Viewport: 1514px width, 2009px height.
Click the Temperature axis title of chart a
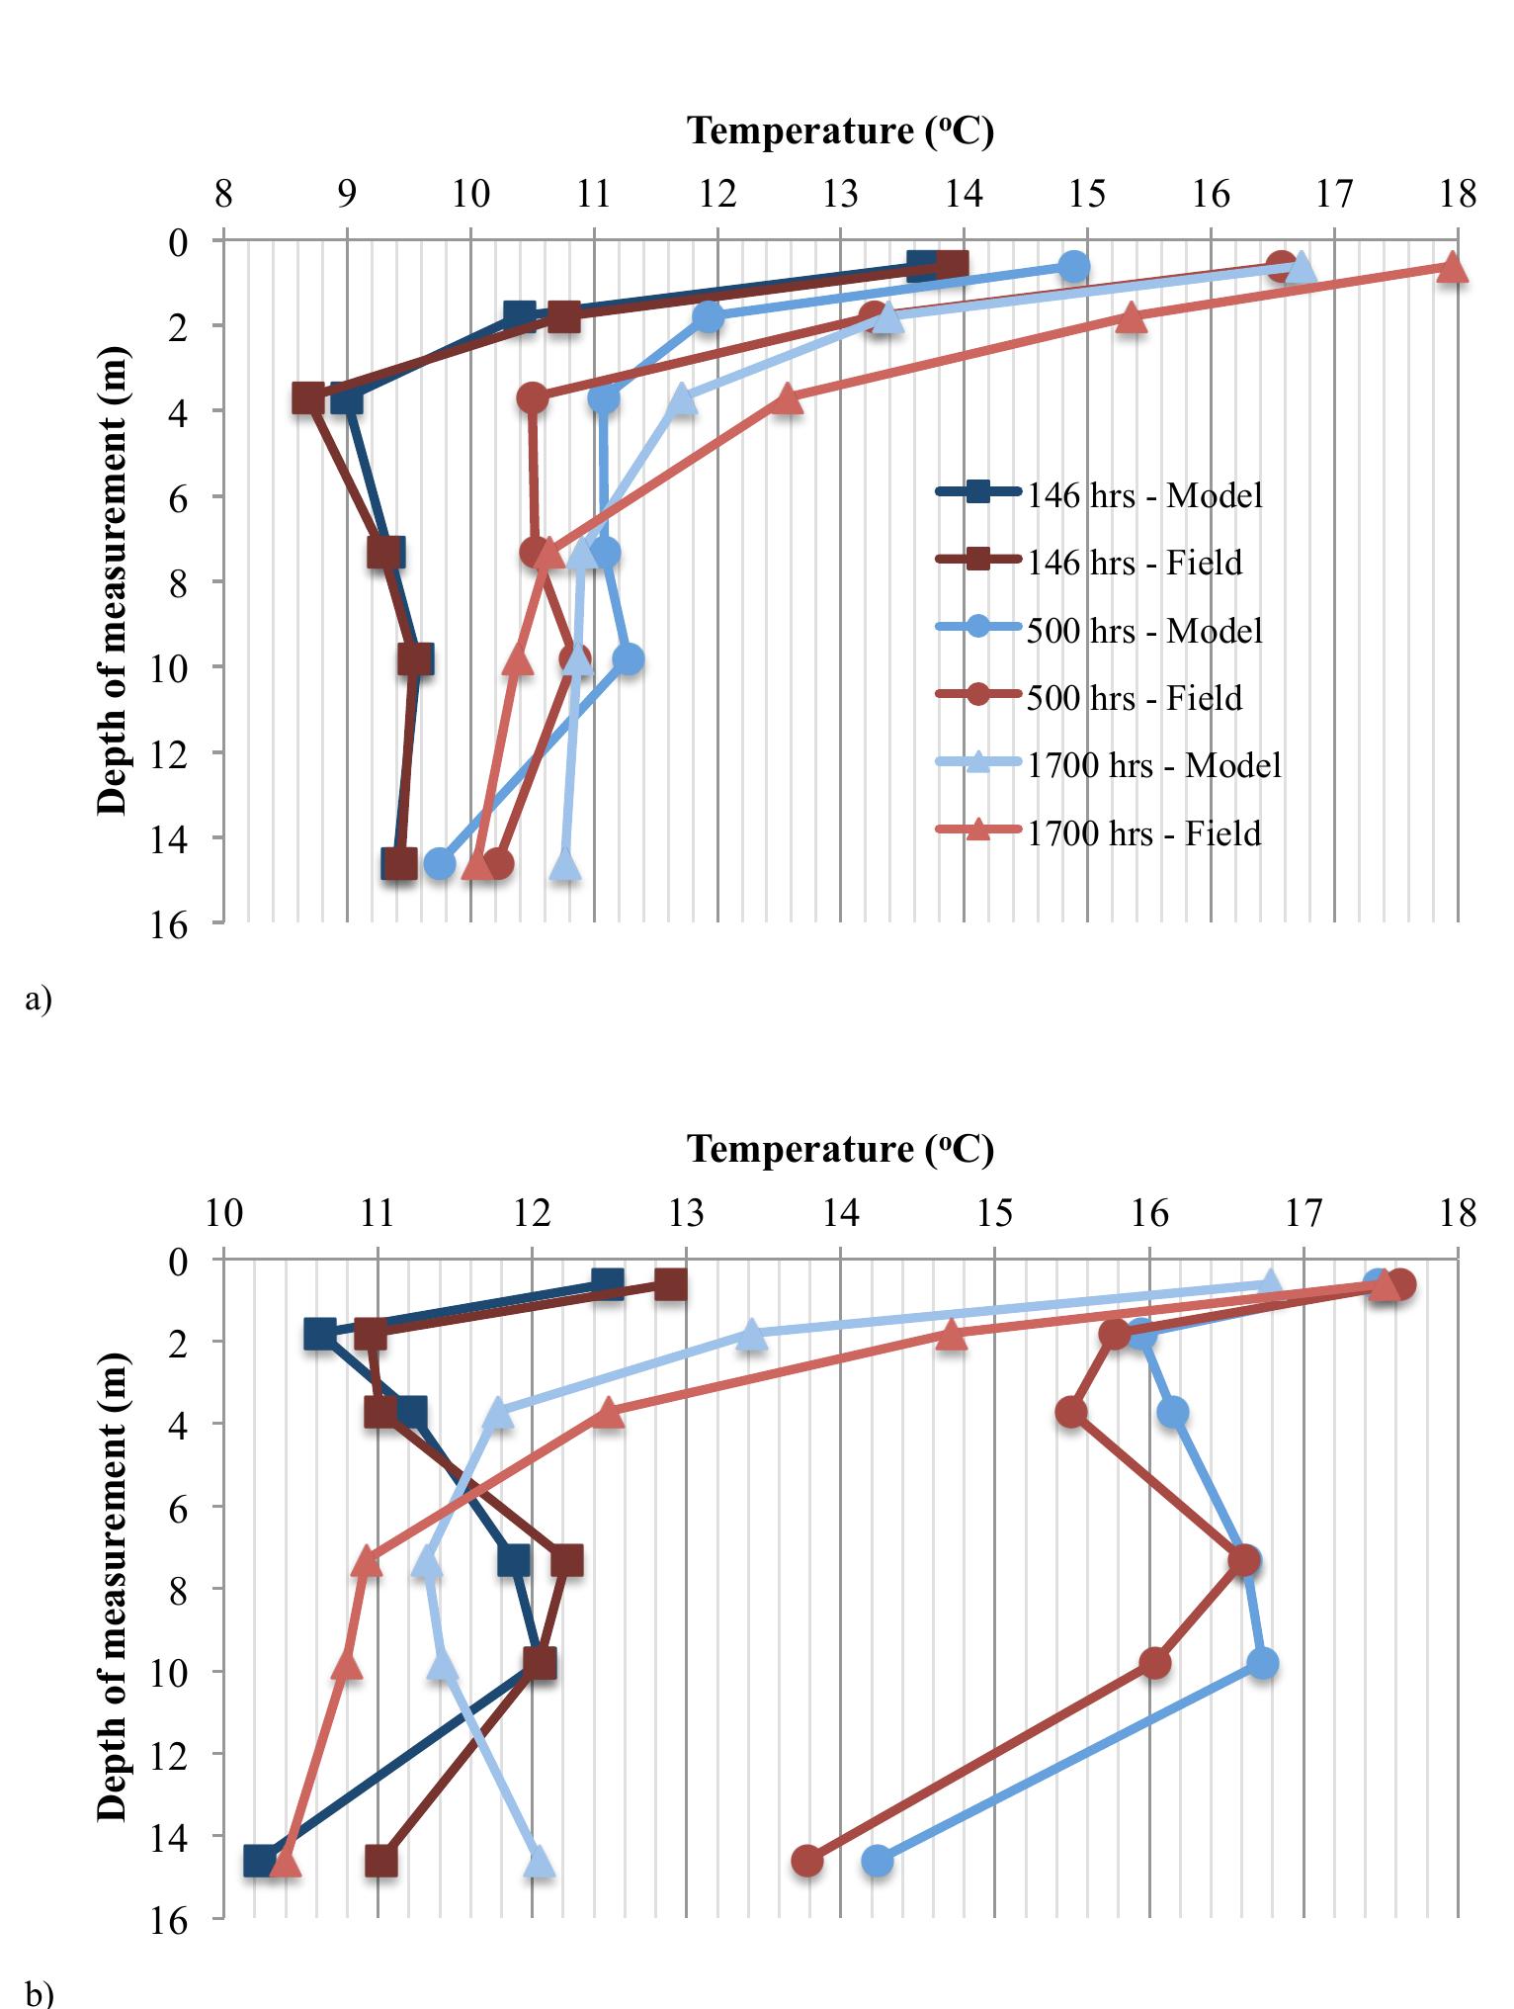click(x=840, y=131)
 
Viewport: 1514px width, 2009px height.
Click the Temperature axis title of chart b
click(x=840, y=1149)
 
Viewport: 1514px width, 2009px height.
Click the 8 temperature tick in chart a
click(x=223, y=194)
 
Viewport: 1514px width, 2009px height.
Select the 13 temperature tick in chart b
click(x=686, y=1212)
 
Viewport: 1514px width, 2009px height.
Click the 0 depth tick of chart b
click(x=179, y=1262)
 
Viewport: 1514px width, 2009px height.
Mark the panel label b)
click(x=39, y=1994)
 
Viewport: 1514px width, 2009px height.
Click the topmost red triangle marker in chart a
click(x=1451, y=267)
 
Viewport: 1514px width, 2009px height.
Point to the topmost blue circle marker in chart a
click(x=1073, y=266)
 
